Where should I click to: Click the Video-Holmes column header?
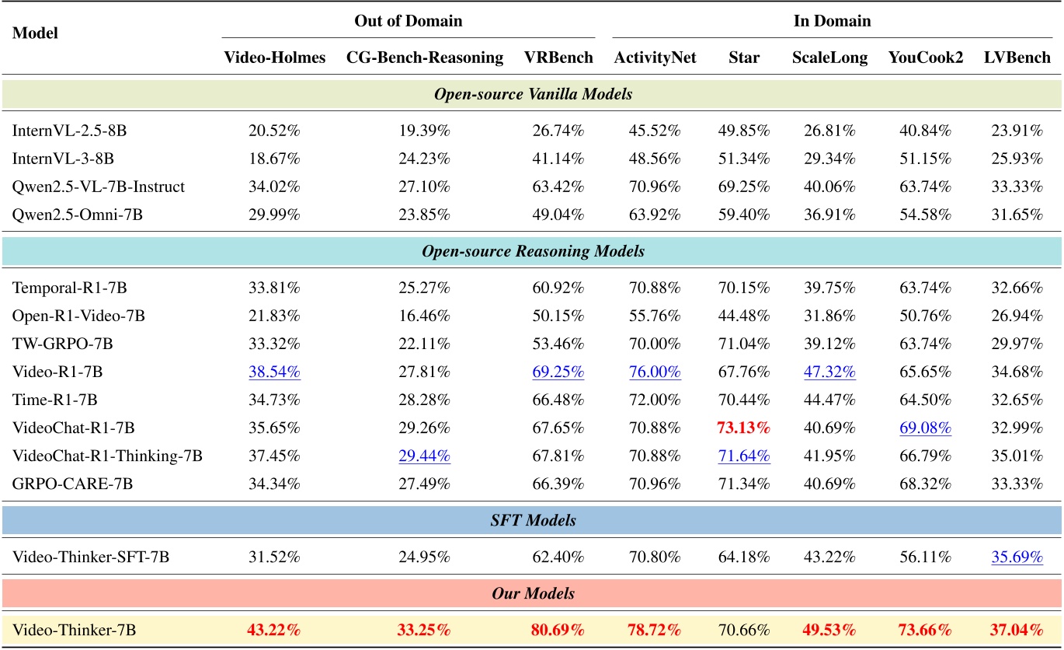(x=274, y=58)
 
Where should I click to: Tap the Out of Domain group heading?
(x=408, y=21)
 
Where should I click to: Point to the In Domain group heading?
(x=832, y=21)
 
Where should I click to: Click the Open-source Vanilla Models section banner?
(x=532, y=94)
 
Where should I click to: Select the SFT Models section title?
(x=532, y=520)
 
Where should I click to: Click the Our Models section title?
(x=532, y=593)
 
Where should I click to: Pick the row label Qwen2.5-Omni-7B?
(x=78, y=215)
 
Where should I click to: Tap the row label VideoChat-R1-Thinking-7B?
(x=107, y=456)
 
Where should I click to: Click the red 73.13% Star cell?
(x=744, y=428)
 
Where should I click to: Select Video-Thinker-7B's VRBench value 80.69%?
(x=558, y=630)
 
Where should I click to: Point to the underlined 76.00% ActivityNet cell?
(x=654, y=372)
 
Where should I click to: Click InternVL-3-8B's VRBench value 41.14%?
(x=558, y=159)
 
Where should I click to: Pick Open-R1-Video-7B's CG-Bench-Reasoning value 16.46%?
(x=424, y=316)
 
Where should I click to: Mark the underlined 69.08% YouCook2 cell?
(x=925, y=428)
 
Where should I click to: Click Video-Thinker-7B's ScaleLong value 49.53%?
(x=829, y=630)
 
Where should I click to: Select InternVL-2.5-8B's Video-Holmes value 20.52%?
(x=274, y=131)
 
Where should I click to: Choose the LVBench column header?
(x=1017, y=58)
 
